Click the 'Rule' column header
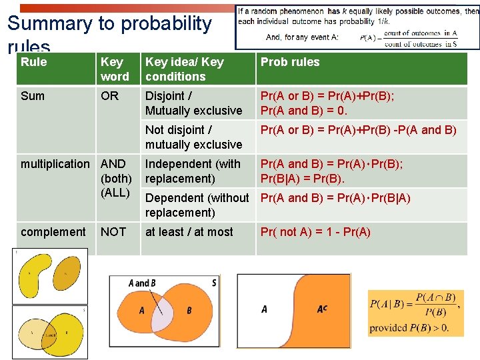tap(34, 62)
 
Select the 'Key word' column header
tap(114, 69)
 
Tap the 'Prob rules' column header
tap(290, 62)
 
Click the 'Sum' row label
tap(33, 96)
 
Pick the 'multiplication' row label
tap(55, 164)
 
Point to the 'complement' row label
tap(53, 232)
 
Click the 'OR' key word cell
tap(109, 96)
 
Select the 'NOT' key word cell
tap(113, 232)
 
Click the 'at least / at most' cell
tap(189, 232)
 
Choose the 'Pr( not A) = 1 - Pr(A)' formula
tap(315, 232)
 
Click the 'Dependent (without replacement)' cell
tap(197, 205)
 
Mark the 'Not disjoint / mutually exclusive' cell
tap(193, 137)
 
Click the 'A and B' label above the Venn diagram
tap(142, 283)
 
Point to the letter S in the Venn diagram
tap(213, 282)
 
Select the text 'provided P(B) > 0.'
tap(409, 327)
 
